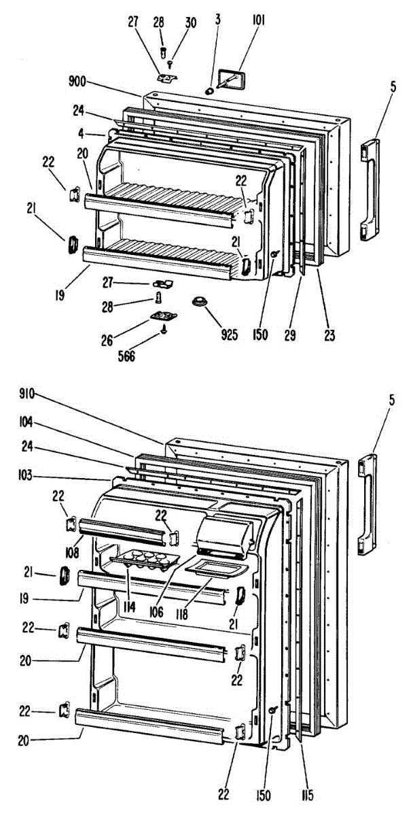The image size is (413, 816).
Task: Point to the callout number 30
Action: pyautogui.click(x=191, y=22)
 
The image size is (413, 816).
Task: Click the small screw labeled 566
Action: pyautogui.click(x=164, y=328)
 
